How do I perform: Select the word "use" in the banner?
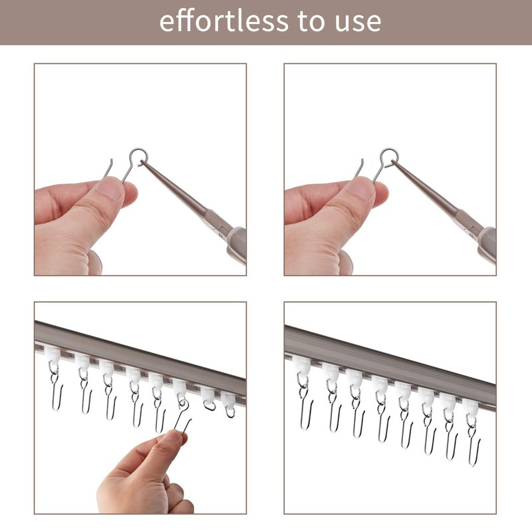[358, 22]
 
